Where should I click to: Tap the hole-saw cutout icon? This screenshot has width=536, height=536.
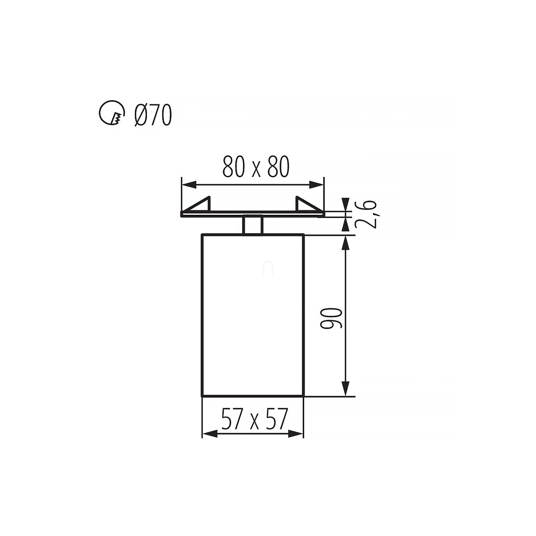[112, 113]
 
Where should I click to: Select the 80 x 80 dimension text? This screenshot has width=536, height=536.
[256, 167]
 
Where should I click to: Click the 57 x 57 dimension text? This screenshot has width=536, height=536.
[254, 419]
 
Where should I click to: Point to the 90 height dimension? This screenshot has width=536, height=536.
[331, 318]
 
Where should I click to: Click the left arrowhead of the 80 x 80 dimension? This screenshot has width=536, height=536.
[188, 184]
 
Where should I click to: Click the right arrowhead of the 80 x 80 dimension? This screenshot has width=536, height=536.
[317, 184]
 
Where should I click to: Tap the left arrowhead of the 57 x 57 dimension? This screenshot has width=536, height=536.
[209, 434]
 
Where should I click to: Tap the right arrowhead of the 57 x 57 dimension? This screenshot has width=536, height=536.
[296, 434]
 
